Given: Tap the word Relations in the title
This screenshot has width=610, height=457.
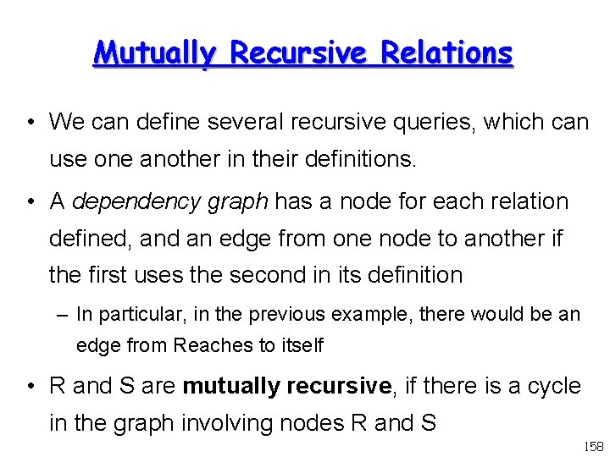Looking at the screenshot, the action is point(446,52).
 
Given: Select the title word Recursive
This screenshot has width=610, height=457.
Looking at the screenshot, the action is point(301,52).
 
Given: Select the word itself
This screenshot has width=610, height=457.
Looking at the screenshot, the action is point(298,345).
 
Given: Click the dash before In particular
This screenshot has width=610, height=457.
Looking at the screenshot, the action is point(64,315).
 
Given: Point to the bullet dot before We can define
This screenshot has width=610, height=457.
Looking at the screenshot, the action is point(30,123).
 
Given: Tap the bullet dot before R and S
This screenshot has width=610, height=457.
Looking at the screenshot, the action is point(30,387).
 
